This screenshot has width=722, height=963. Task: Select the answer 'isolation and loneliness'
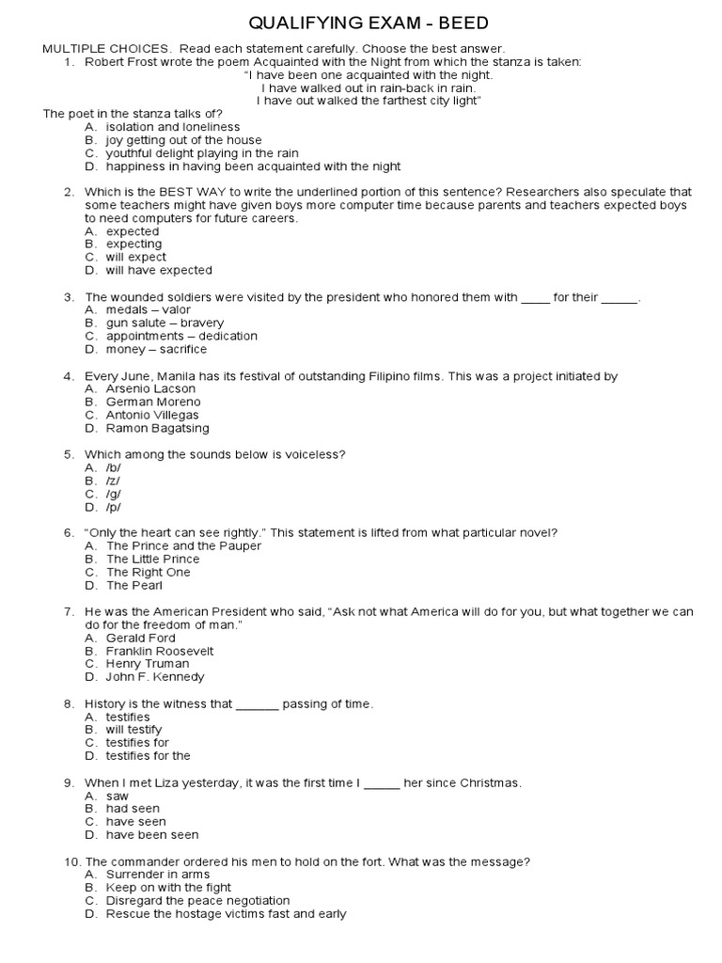172,127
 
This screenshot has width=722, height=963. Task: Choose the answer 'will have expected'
159,270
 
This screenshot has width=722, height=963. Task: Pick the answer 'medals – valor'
148,309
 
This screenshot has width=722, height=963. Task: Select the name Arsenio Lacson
150,388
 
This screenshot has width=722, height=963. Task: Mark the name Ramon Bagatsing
158,428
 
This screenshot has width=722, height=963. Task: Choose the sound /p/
114,507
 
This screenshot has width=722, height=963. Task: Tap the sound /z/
114,481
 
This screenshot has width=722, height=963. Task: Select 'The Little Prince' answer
152,559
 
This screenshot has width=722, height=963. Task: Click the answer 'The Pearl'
134,585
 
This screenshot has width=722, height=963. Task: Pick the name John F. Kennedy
154,676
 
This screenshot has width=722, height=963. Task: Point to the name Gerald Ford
140,638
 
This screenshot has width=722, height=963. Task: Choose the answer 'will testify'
133,729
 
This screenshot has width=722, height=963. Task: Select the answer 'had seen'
133,808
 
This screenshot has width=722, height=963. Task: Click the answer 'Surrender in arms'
156,874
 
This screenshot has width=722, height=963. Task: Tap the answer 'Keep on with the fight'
168,887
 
